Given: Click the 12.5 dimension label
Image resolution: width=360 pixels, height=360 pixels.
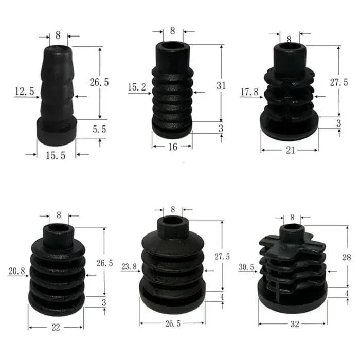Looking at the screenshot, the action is click(x=25, y=92).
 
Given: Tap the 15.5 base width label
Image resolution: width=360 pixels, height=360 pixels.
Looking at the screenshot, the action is click(x=56, y=156).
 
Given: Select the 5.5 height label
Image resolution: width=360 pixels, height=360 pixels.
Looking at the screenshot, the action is click(x=99, y=129).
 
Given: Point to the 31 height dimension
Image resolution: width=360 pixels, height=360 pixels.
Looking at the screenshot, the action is click(x=221, y=86).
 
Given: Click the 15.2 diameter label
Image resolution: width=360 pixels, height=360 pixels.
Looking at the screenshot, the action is click(x=137, y=87).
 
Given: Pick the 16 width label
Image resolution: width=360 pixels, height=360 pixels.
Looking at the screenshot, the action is click(x=173, y=147).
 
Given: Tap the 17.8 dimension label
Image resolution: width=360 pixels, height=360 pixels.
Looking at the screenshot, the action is click(x=249, y=92).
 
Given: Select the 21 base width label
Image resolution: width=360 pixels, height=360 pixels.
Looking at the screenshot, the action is click(x=290, y=150).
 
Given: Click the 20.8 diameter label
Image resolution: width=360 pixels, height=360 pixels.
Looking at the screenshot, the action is click(x=16, y=271).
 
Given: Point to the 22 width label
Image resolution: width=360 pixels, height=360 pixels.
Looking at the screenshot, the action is click(x=56, y=328).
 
